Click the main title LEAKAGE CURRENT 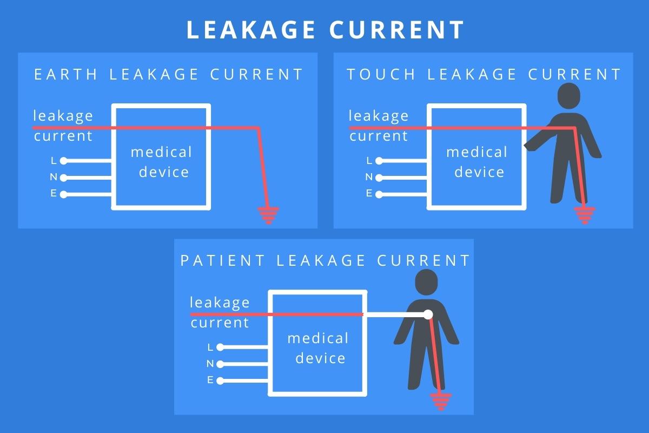tap(325, 30)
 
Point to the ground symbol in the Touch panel tap(584, 216)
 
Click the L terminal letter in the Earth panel tap(53, 160)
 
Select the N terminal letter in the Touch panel tap(369, 177)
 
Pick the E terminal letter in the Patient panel tap(210, 380)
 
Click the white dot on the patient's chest tap(428, 314)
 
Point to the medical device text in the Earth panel tap(161, 162)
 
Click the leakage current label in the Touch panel tap(379, 126)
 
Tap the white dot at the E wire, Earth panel tap(64, 194)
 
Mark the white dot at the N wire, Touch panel tap(379, 177)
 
